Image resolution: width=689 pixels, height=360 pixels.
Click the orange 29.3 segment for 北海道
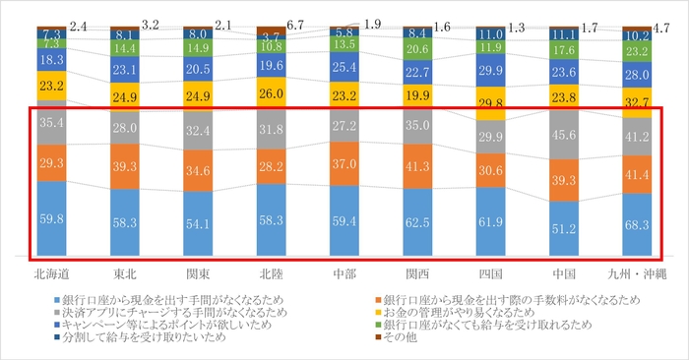point(52,163)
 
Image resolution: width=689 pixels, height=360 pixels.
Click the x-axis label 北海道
point(52,270)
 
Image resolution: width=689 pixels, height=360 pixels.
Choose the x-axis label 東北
point(125,270)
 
